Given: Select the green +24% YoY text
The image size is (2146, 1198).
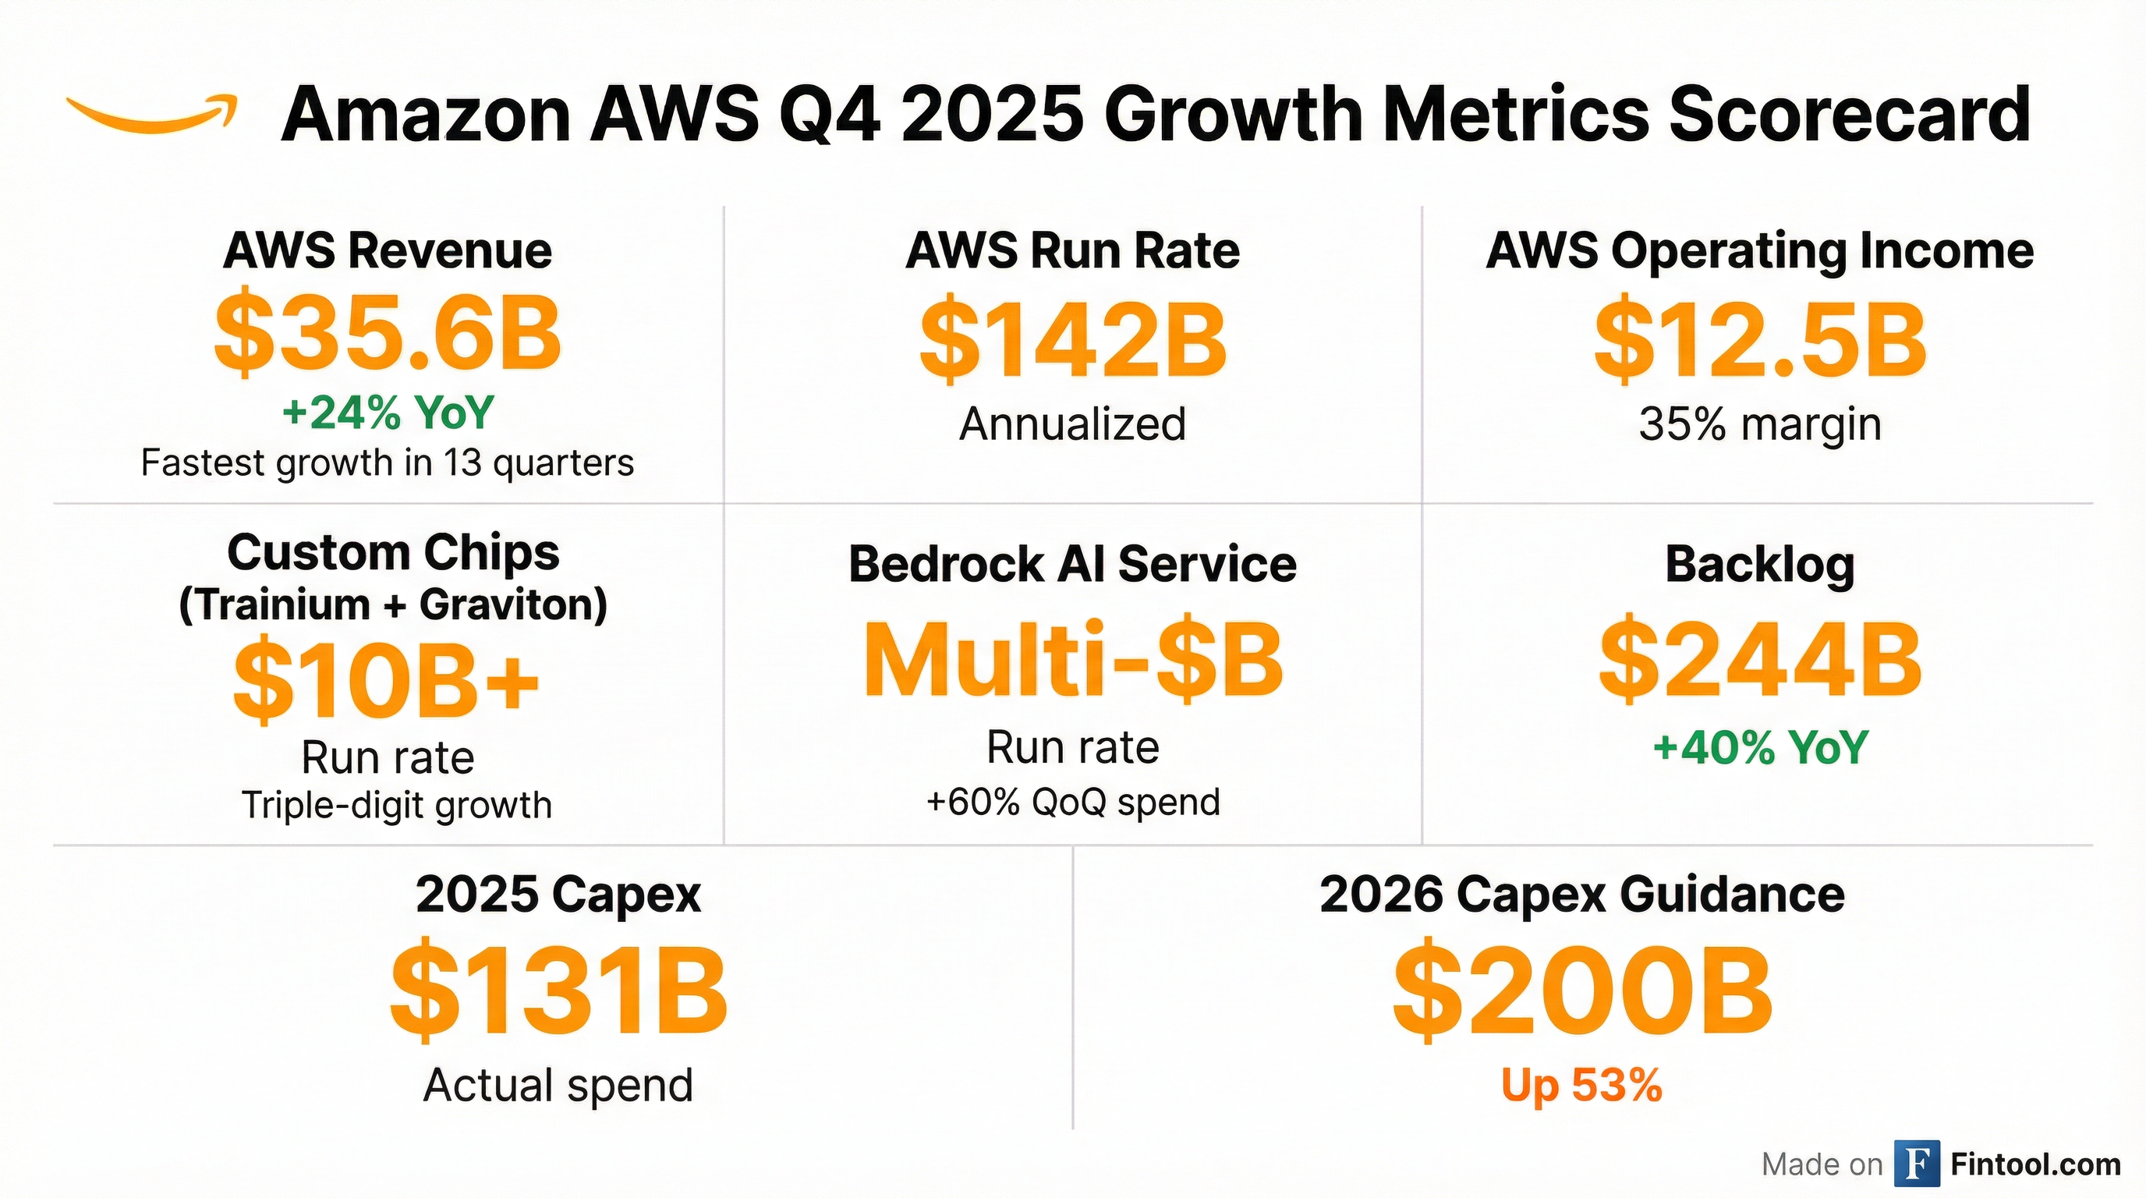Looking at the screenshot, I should (x=388, y=413).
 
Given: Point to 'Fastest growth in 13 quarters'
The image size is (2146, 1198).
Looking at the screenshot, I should (x=388, y=463).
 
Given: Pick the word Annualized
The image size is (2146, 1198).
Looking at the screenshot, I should (x=1072, y=424).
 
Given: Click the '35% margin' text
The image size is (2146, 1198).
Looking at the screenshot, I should (x=1759, y=424).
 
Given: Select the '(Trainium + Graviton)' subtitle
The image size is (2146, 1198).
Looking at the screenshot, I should (x=392, y=604).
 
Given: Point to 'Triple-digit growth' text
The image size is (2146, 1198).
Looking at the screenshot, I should (x=397, y=806).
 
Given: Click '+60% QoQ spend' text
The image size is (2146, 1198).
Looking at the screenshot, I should (x=1072, y=803).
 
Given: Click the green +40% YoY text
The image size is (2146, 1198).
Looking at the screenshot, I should (x=1759, y=747).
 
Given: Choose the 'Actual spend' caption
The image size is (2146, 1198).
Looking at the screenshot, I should (x=558, y=1086).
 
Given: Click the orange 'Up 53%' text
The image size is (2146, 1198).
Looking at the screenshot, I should (x=1581, y=1086).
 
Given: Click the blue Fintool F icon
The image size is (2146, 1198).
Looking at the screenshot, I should (x=1916, y=1163).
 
